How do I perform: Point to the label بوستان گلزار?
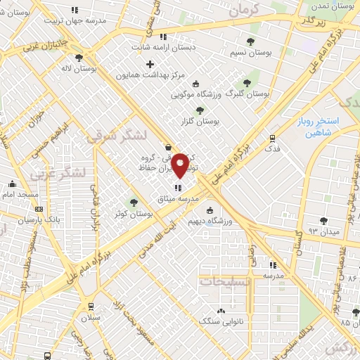pos(200,121)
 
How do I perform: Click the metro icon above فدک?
pos(273,138)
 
